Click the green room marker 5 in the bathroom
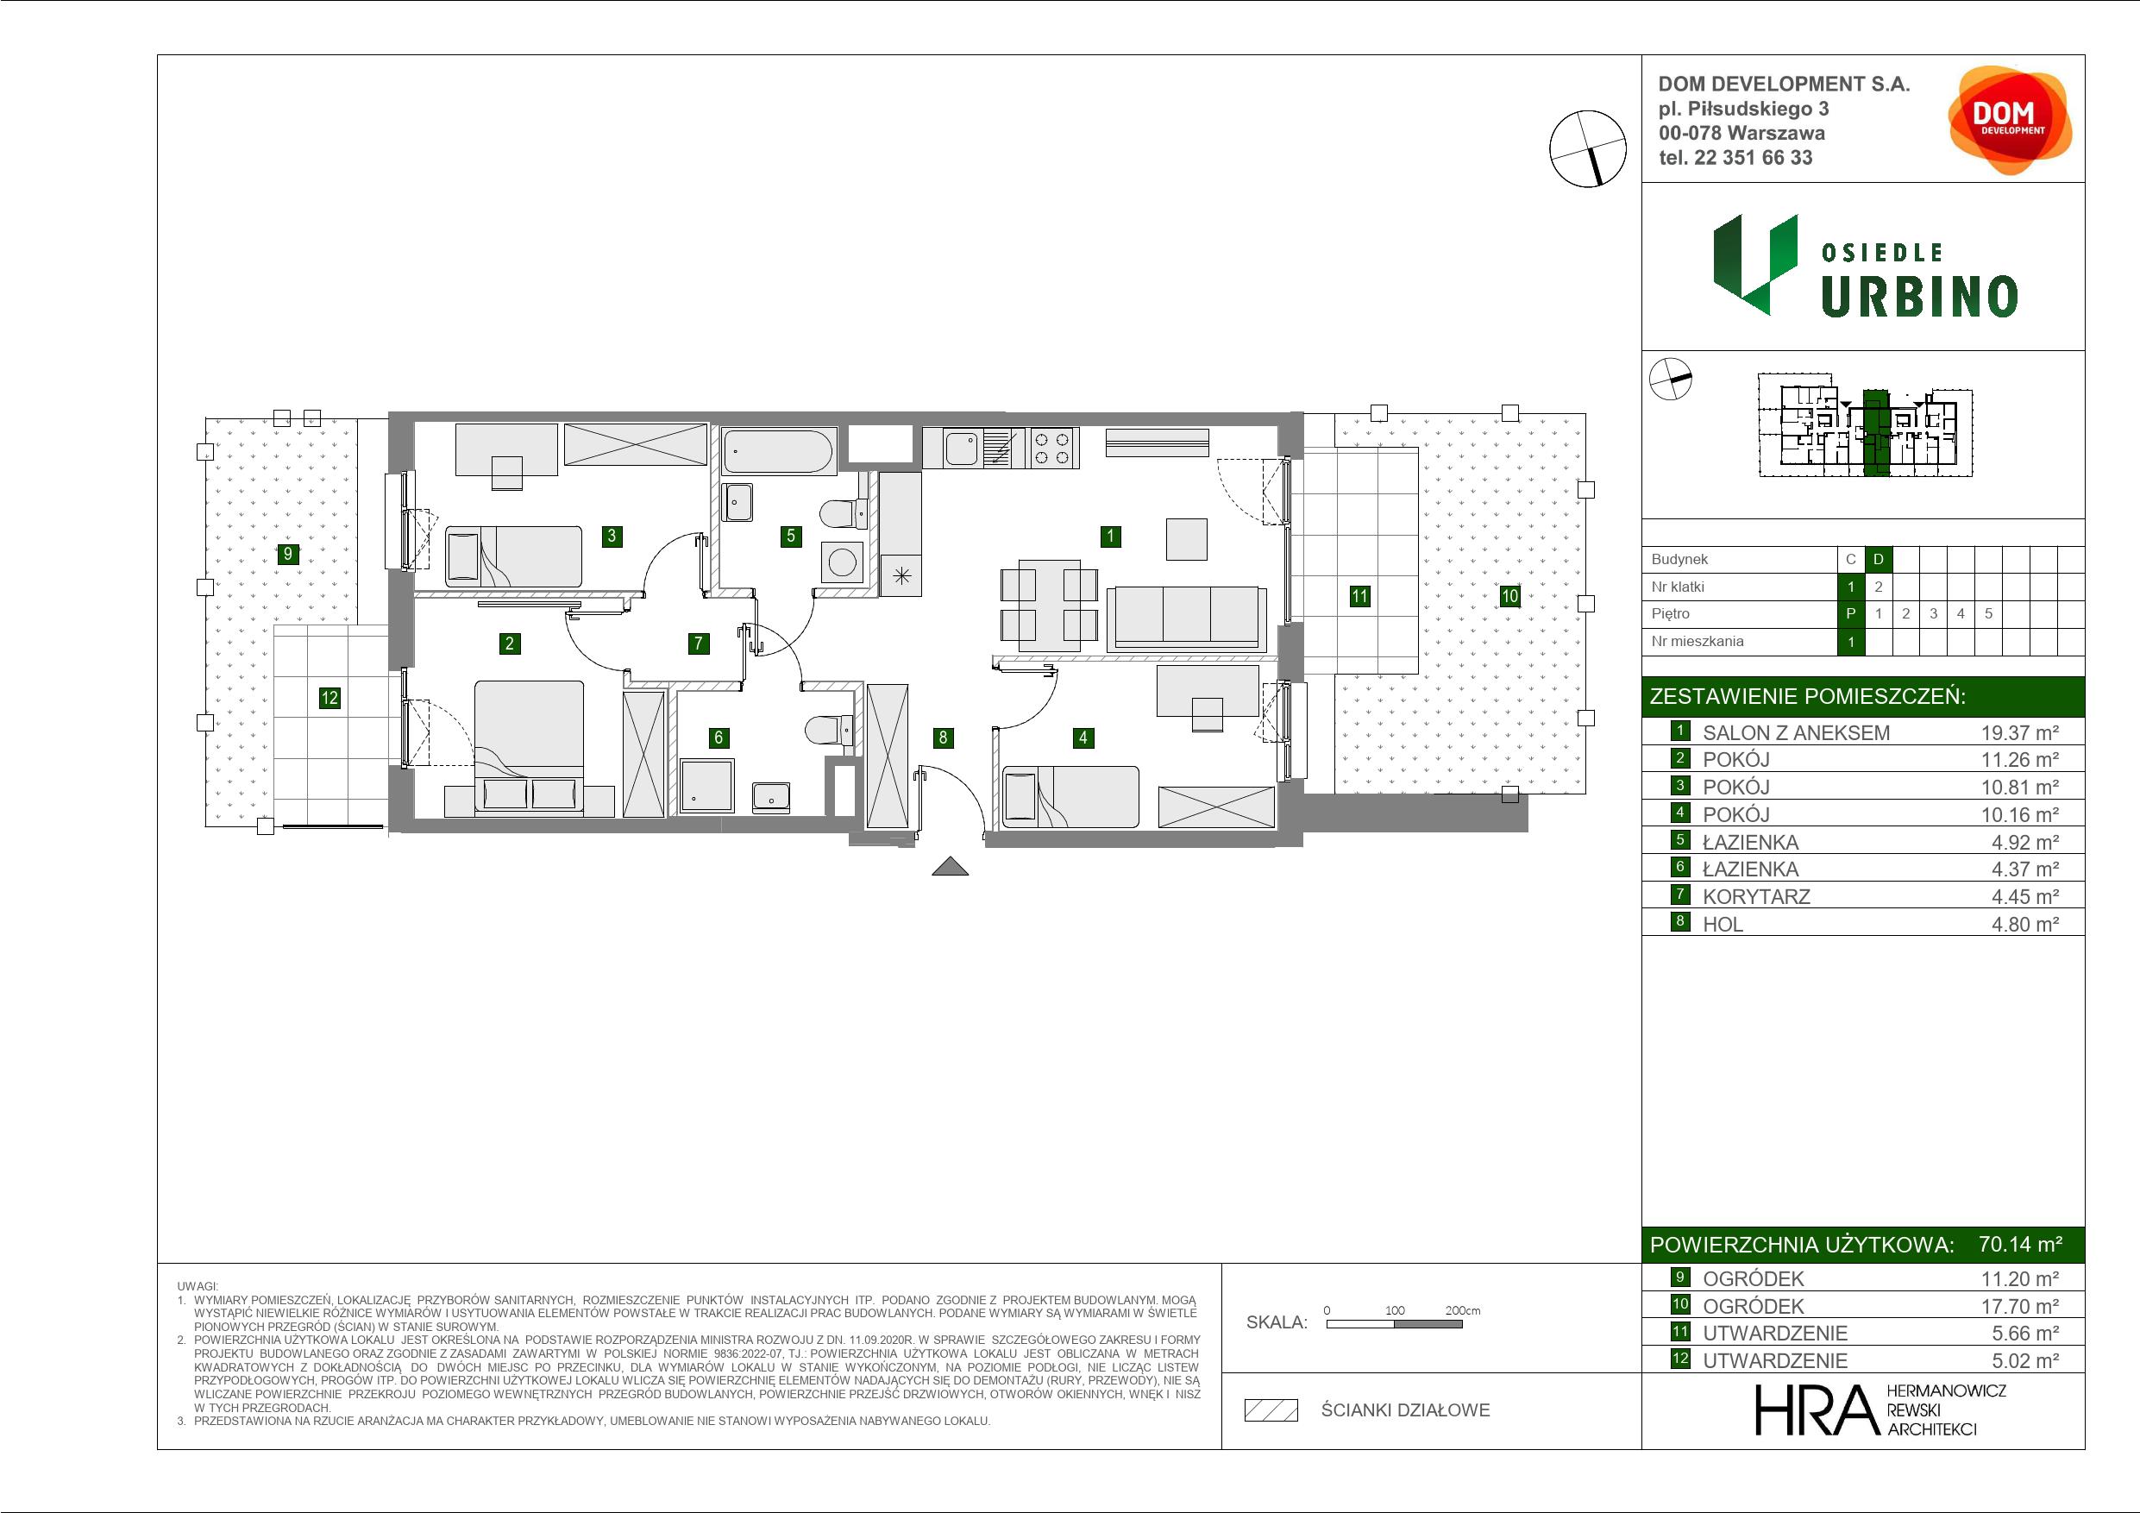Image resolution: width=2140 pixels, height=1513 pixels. click(790, 536)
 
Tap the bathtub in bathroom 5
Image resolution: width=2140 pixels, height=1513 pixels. click(778, 452)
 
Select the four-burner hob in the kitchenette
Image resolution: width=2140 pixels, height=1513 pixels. click(1052, 448)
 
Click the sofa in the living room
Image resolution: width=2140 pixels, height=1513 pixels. click(1185, 619)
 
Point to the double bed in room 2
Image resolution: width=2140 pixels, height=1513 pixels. click(530, 748)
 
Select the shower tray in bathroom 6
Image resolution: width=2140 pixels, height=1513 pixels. click(707, 785)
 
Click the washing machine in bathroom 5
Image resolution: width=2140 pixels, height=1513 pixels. click(843, 562)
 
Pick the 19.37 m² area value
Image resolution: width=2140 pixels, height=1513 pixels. click(2020, 732)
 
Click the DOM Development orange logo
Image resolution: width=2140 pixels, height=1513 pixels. click(2010, 119)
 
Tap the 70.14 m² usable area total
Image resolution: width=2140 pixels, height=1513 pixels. click(2020, 1244)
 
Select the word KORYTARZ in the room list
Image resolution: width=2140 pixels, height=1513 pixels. click(1756, 897)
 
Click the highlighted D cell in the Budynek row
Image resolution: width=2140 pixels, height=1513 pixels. click(1878, 559)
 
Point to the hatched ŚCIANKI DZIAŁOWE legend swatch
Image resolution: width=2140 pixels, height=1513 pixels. click(1271, 1410)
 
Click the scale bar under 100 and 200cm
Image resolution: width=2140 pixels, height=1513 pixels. click(1395, 1324)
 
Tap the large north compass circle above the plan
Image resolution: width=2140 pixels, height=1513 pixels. click(1587, 148)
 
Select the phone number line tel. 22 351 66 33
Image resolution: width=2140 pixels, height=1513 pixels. click(1735, 158)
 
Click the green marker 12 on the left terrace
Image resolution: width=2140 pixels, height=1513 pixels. click(329, 697)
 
